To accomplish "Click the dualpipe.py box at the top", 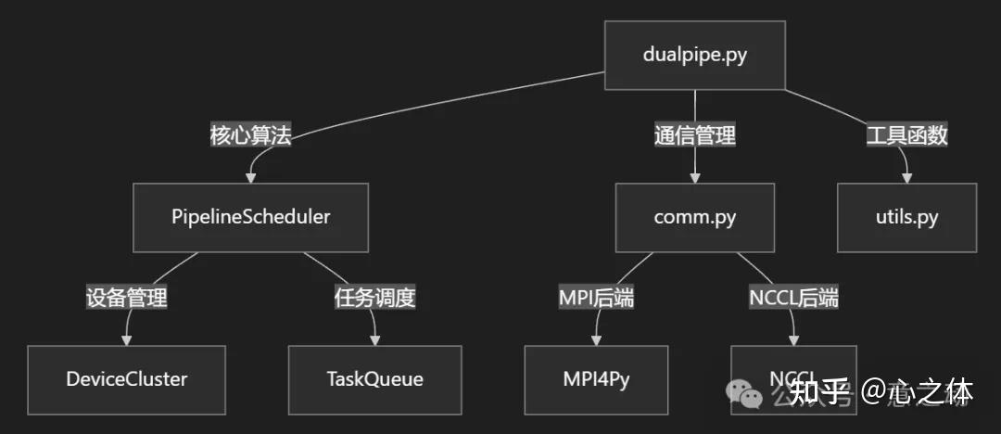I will pyautogui.click(x=695, y=55).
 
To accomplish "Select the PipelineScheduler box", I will pyautogui.click(x=250, y=217).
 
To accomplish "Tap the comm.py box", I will pyautogui.click(x=695, y=217).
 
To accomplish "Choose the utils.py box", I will pyautogui.click(x=906, y=217).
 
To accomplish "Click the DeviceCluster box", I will pyautogui.click(x=126, y=379).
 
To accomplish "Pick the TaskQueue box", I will pyautogui.click(x=374, y=379).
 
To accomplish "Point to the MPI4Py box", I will pyautogui.click(x=596, y=379).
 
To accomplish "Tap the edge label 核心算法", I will pyautogui.click(x=250, y=136).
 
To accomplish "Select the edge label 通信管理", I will pyautogui.click(x=695, y=136).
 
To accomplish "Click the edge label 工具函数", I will pyautogui.click(x=906, y=136).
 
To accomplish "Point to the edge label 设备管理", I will pyautogui.click(x=126, y=299).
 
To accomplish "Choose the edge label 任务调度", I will pyautogui.click(x=374, y=299).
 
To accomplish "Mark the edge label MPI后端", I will pyautogui.click(x=596, y=299).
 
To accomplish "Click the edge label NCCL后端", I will pyautogui.click(x=793, y=299).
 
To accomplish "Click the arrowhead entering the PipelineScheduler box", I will pyautogui.click(x=250, y=176).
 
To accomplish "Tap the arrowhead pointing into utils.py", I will pyautogui.click(x=906, y=176).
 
